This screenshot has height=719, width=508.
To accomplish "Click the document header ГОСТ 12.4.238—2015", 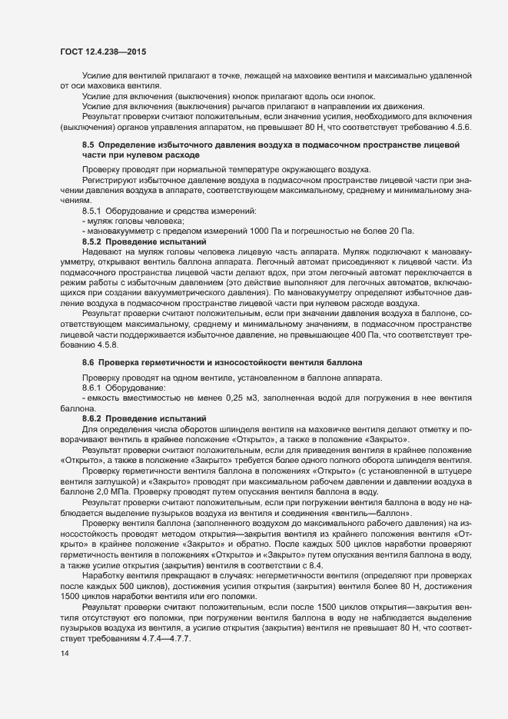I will point(102,52).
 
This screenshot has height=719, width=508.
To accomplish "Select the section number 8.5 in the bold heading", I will point(88,145).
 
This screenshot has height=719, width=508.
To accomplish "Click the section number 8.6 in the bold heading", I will point(88,361).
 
